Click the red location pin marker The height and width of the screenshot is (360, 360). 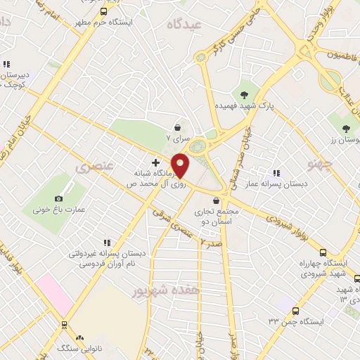click(181, 165)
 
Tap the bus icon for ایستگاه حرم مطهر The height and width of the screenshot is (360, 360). click(104, 11)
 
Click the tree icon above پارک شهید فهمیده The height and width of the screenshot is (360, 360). click(244, 94)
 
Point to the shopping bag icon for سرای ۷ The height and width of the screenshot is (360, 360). click(180, 127)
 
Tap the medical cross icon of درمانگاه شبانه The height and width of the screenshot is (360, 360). click(155, 162)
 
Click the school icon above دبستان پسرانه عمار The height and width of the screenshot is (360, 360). click(276, 172)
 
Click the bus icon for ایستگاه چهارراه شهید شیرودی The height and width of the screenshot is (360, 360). click(323, 252)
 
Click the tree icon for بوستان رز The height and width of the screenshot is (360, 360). click(345, 128)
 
